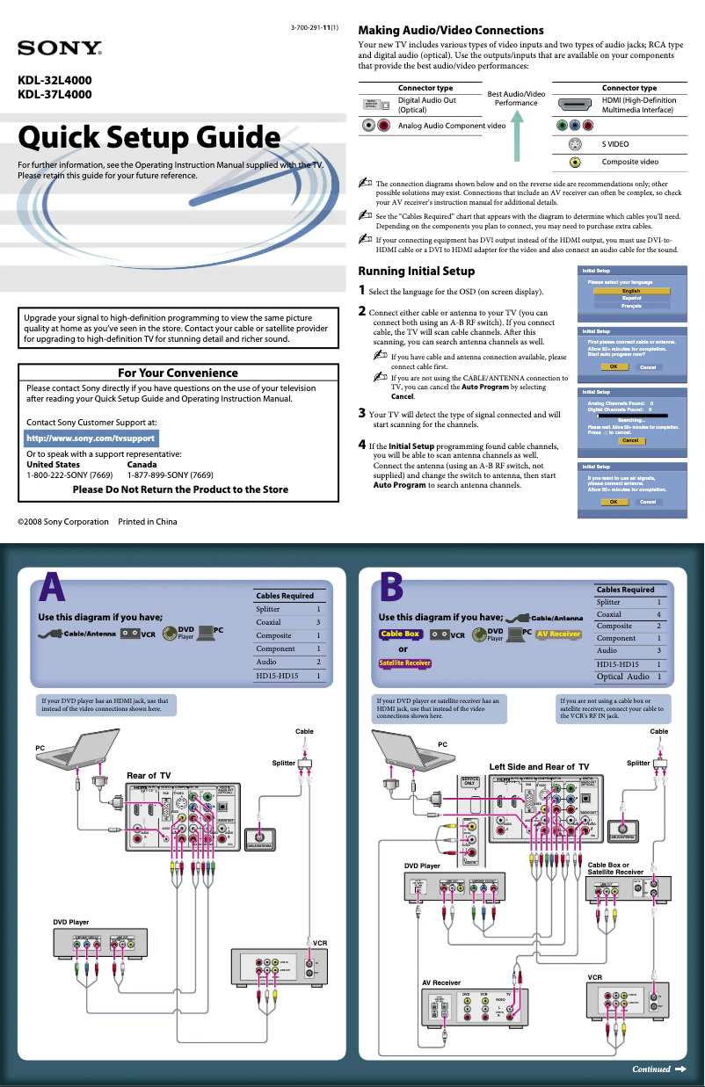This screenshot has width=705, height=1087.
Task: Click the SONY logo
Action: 60,47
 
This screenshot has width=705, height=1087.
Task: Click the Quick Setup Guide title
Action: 149,138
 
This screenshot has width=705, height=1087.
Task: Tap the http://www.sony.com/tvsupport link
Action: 91,438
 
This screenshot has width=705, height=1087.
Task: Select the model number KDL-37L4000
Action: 55,95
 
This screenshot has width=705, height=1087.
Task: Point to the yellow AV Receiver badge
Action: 558,634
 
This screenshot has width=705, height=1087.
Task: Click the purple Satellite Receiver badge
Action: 405,663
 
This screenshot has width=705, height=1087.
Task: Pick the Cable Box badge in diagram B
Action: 400,634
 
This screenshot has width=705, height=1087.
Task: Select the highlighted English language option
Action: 630,291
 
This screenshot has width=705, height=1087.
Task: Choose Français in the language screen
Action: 630,306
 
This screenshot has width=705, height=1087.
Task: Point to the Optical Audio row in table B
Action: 628,677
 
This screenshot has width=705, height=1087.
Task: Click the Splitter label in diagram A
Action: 283,763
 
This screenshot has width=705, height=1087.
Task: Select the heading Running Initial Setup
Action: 416,271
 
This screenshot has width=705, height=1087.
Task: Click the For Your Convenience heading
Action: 178,373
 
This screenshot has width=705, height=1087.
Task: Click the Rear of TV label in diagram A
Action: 148,775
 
